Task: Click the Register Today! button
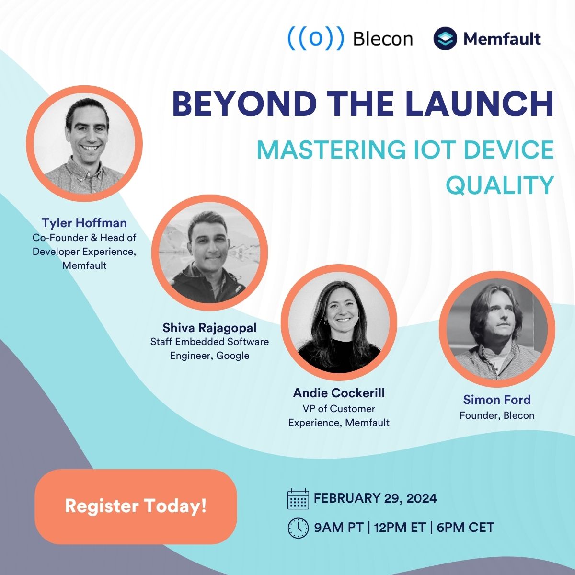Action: tap(136, 506)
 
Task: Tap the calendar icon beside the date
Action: tap(298, 499)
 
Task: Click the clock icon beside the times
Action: tap(298, 528)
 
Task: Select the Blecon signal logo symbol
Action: tap(316, 39)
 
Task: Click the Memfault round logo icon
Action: tap(445, 39)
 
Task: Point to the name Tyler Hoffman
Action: tap(84, 223)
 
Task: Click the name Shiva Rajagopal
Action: tap(209, 328)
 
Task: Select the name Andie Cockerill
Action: tap(339, 393)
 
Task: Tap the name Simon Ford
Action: tap(496, 400)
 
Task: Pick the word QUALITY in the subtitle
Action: tap(500, 185)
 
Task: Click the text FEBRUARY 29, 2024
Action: tap(375, 498)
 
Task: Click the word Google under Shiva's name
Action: tap(233, 356)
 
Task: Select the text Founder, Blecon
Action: tap(496, 415)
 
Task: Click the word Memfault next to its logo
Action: tap(502, 39)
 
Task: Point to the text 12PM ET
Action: tap(400, 528)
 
